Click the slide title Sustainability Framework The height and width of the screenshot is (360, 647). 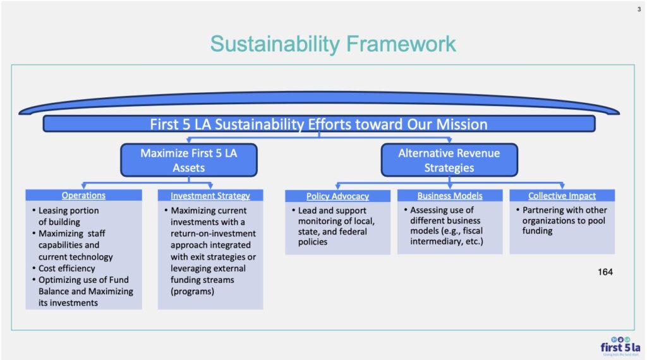(333, 44)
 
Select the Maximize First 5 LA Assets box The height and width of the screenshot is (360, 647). (189, 160)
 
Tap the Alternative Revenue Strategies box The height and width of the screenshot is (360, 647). (449, 160)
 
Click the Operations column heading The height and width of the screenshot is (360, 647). (83, 195)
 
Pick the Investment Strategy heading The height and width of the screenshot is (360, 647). (210, 196)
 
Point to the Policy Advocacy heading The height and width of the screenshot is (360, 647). (337, 196)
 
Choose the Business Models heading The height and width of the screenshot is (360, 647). (450, 196)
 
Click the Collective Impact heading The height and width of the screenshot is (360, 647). (562, 196)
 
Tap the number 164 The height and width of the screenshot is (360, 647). (605, 272)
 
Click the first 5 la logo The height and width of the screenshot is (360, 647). (620, 346)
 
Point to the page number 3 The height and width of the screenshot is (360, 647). (639, 9)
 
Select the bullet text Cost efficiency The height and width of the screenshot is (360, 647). (66, 268)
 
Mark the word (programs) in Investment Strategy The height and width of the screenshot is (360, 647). (192, 292)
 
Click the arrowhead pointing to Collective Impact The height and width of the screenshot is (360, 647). (562, 186)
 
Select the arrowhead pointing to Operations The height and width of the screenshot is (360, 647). (84, 186)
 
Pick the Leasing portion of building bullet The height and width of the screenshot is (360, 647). (68, 216)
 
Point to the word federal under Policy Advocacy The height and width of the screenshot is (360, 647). (353, 232)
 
